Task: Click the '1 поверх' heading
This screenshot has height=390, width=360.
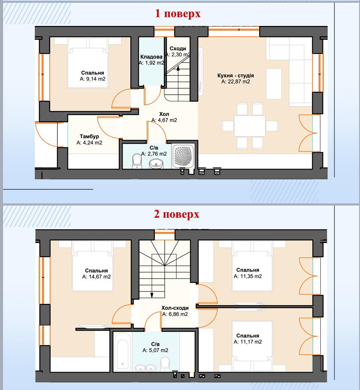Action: [x=178, y=14]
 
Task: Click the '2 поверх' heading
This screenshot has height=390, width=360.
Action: [x=177, y=214]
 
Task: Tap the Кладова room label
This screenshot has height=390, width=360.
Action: [x=151, y=57]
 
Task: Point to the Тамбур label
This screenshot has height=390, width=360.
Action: [x=89, y=136]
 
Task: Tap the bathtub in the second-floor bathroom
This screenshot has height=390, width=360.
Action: [x=122, y=352]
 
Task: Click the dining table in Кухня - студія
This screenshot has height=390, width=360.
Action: [x=249, y=126]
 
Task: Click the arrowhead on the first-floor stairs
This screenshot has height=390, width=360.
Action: [x=178, y=68]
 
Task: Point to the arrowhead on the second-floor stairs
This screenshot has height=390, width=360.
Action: [x=152, y=295]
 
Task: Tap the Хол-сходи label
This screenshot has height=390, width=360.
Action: [x=175, y=308]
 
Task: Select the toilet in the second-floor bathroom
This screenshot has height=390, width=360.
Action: [x=165, y=364]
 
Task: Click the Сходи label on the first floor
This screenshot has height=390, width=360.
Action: [x=178, y=48]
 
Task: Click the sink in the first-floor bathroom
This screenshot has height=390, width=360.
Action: [x=156, y=164]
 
